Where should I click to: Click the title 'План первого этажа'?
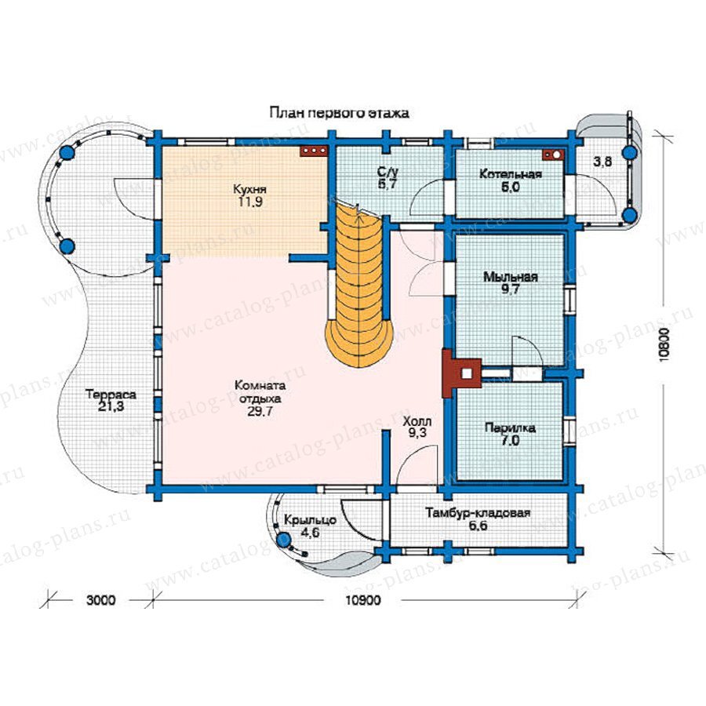[x=339, y=113]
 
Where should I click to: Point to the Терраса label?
[x=107, y=395]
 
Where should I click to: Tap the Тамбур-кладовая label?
[x=479, y=514]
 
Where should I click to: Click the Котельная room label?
[x=510, y=174]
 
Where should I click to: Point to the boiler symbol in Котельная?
[x=552, y=154]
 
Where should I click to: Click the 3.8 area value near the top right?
[x=602, y=162]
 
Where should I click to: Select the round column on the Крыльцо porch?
[x=285, y=539]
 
